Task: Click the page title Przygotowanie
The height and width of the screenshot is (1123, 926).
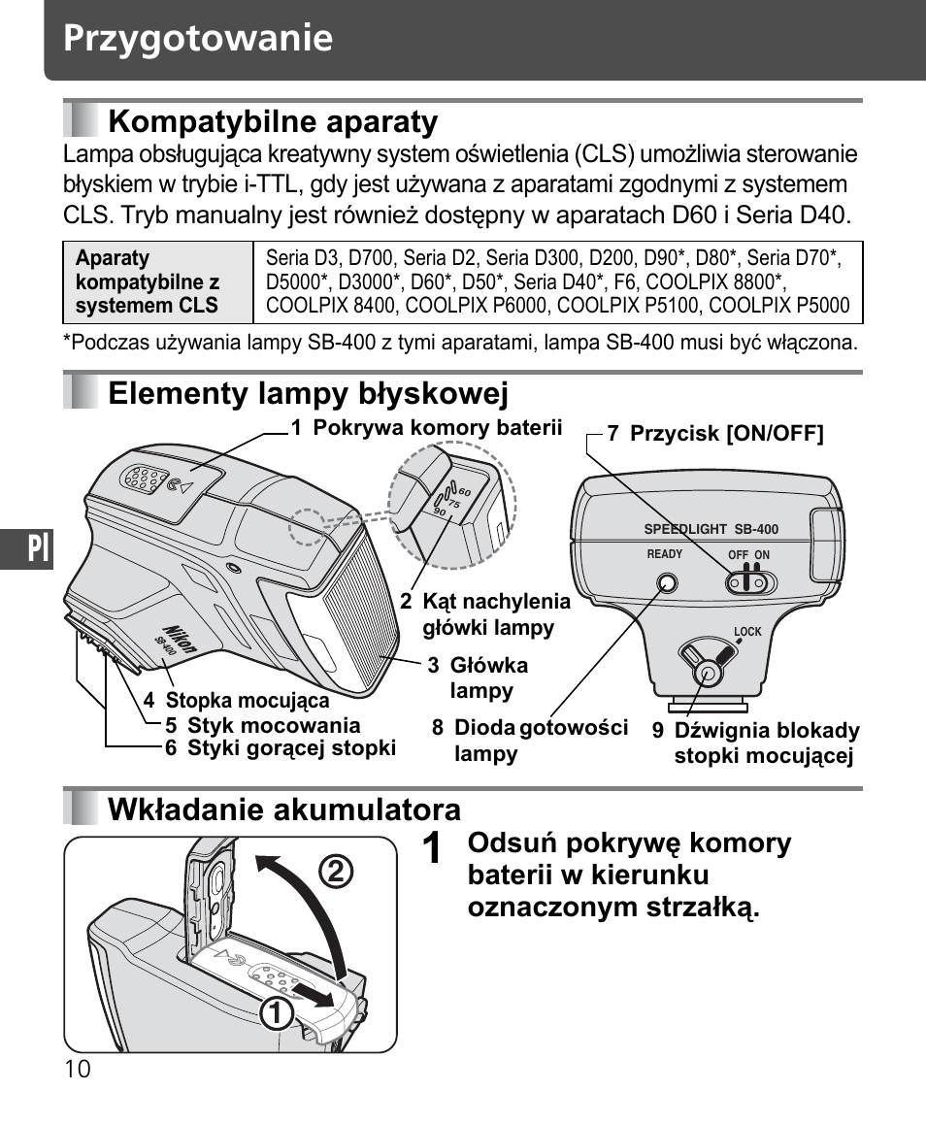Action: click(x=198, y=39)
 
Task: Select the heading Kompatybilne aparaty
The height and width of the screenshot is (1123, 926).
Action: click(x=273, y=122)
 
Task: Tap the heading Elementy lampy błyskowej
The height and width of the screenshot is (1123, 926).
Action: click(x=308, y=394)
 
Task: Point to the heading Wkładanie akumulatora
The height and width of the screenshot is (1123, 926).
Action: click(x=284, y=809)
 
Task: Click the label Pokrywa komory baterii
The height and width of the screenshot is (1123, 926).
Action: click(x=437, y=428)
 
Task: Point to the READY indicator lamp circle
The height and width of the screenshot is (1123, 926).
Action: click(x=666, y=583)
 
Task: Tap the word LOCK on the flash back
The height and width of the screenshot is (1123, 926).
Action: click(x=747, y=632)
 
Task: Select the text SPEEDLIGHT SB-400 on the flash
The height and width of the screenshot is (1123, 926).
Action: click(x=711, y=530)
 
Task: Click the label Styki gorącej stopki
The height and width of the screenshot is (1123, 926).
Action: click(x=291, y=748)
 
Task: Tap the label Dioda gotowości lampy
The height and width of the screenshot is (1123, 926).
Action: click(x=541, y=740)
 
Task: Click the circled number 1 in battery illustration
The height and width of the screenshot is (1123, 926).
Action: click(x=279, y=1013)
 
